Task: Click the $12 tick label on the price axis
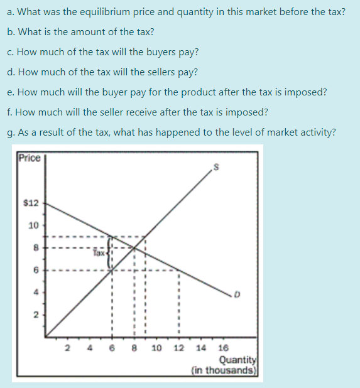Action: (x=31, y=203)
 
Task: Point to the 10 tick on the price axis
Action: (x=33, y=225)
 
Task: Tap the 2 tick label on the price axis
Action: (x=35, y=316)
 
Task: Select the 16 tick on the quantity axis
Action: (x=223, y=347)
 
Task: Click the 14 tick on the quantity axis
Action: (x=201, y=347)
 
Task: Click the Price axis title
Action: (x=29, y=158)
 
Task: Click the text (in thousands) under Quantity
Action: (x=226, y=370)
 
